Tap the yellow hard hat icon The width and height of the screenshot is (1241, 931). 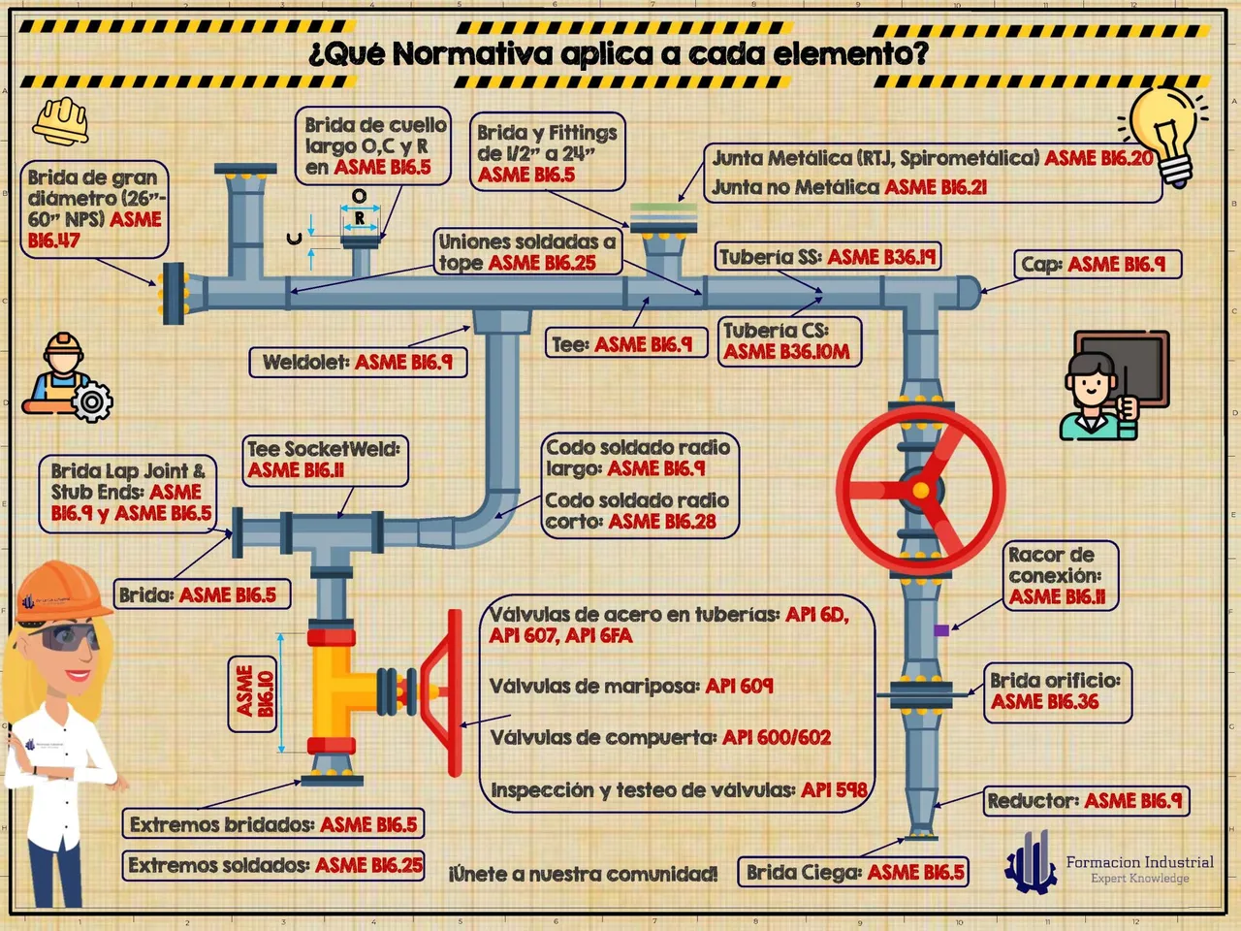pos(61,120)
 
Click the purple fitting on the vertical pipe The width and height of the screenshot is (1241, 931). pos(941,629)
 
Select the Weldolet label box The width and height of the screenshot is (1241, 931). pos(358,363)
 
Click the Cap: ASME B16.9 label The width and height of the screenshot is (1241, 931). pos(1098,265)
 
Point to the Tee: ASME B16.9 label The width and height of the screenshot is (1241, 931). pos(626,343)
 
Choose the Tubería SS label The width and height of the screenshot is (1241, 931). pos(828,257)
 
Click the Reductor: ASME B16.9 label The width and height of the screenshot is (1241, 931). pos(1086,801)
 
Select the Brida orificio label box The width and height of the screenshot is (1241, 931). pos(1057,692)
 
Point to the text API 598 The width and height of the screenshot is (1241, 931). pos(834,790)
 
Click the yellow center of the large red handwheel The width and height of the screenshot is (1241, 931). pos(920,490)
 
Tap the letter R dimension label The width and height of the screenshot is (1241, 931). pos(360,217)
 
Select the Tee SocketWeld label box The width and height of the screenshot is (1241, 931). pos(325,460)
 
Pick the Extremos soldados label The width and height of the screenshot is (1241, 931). pos(273,866)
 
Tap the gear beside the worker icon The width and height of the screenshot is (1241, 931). pos(92,401)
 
